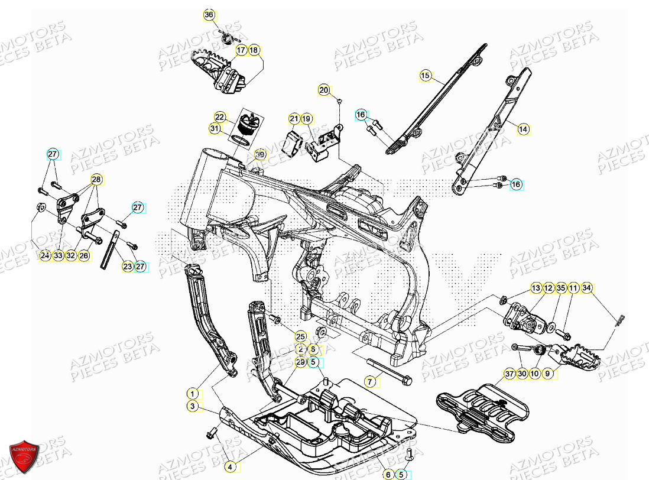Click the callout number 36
tap(209, 15)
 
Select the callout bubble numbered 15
tap(425, 75)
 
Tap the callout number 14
tap(522, 128)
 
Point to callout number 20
tap(323, 90)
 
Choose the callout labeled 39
tap(260, 155)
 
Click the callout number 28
tap(96, 179)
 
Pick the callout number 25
tap(300, 336)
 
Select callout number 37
tap(510, 374)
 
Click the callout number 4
tap(231, 467)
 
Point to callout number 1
tap(192, 393)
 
